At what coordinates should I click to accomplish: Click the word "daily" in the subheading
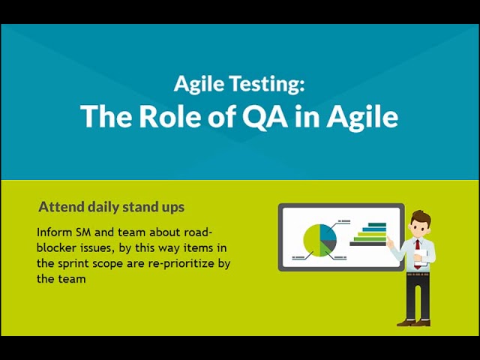click(x=108, y=207)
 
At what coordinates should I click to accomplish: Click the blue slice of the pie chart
click(x=328, y=231)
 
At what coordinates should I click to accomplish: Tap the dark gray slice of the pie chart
click(x=329, y=244)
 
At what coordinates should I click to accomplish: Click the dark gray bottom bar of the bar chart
click(x=367, y=243)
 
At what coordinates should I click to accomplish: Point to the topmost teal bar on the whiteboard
click(x=374, y=224)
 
